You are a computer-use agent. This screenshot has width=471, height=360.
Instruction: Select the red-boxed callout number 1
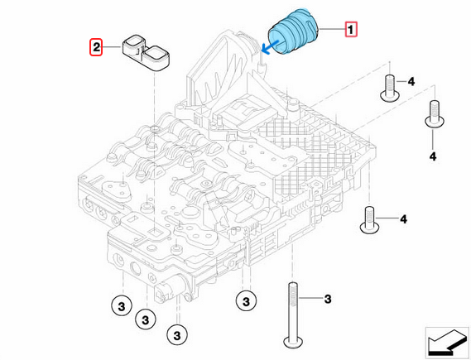click(x=351, y=31)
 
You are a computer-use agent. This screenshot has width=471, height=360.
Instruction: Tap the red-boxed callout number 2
click(x=97, y=49)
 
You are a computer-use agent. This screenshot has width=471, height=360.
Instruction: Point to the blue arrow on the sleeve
click(x=268, y=46)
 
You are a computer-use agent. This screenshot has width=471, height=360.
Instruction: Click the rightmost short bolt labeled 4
click(x=430, y=113)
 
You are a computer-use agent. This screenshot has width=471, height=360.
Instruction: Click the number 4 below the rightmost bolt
click(x=431, y=156)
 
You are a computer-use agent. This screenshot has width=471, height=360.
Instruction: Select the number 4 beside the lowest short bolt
click(x=403, y=219)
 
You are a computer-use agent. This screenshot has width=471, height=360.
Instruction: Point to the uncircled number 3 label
click(x=327, y=298)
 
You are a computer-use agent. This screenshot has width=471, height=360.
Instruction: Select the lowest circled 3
click(x=175, y=334)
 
